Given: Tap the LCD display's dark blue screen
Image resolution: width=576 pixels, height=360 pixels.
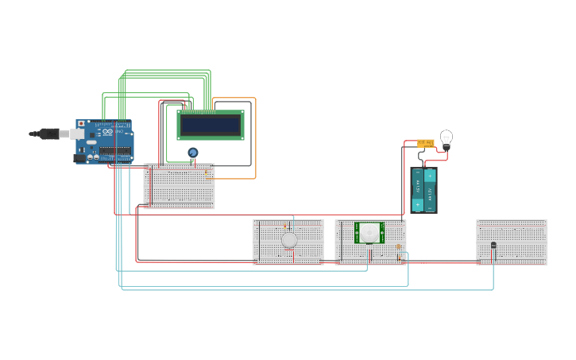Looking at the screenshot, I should coord(211,125).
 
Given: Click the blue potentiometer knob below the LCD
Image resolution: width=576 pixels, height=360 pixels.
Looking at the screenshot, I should coord(192,152).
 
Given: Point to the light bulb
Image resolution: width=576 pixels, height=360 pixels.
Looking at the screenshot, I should coord(446,138).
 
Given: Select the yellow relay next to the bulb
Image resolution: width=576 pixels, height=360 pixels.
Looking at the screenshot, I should coord(426,144).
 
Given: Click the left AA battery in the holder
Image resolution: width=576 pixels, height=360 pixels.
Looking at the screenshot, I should coord(418,190).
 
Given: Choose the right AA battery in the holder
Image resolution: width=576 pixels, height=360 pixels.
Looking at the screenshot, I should coord(430,190).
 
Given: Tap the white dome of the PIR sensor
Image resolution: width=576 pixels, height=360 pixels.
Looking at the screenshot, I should coord(369,233).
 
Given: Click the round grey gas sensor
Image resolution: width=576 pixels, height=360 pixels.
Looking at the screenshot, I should coord(289,239).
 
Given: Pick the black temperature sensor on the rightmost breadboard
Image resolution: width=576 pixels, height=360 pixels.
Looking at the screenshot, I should coord(493,245).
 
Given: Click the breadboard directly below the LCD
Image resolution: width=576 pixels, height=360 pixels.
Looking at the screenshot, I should coord(179,191).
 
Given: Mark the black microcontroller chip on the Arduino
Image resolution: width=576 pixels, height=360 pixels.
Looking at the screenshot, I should coord(115,152).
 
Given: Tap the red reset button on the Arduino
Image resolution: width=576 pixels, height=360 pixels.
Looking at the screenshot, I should coord(80,124).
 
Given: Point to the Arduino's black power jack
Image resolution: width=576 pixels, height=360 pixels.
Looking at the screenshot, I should coord(79,158).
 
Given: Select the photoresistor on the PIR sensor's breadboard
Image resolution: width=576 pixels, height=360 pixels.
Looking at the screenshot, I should coord(398,247).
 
